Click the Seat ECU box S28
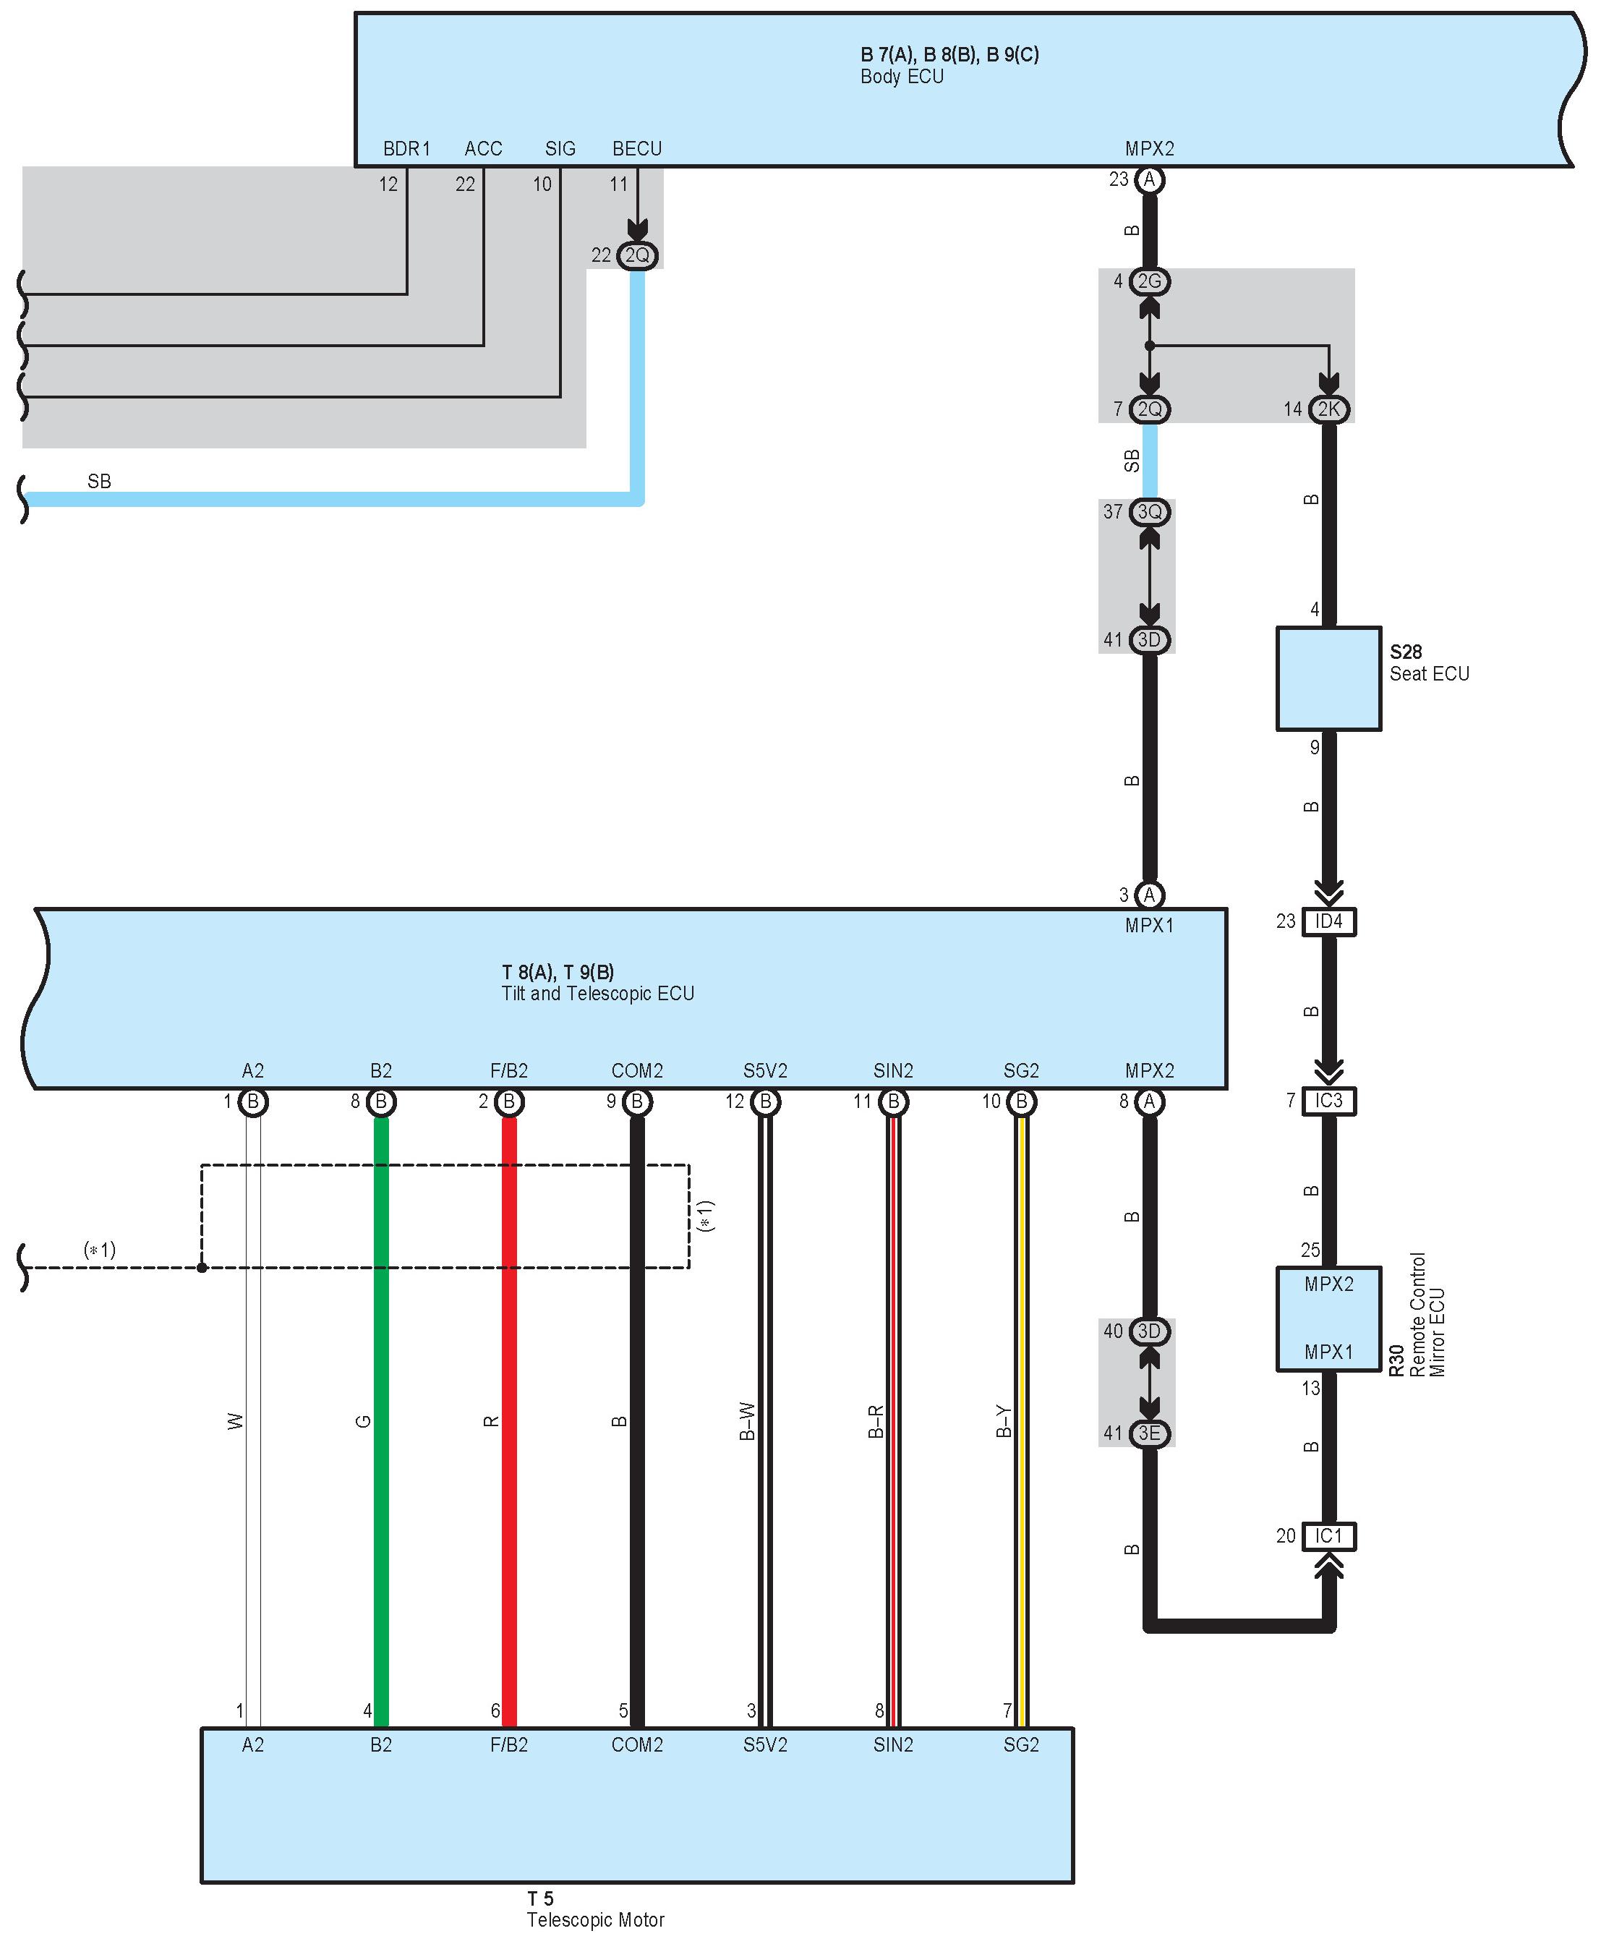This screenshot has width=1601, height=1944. tap(1328, 679)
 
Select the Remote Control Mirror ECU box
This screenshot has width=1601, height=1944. tap(1328, 1318)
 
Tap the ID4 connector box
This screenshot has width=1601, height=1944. tap(1328, 921)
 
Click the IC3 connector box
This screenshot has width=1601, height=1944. tap(1328, 1100)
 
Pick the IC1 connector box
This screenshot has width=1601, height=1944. tap(1328, 1535)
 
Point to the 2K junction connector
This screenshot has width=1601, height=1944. tap(1328, 409)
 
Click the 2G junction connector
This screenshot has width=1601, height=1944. tap(1149, 281)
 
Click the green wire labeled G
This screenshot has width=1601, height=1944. tap(381, 1420)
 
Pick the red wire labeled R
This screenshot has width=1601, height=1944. tap(509, 1420)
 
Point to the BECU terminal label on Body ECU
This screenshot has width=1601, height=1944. tap(637, 148)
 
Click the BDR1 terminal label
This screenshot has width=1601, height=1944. tap(406, 148)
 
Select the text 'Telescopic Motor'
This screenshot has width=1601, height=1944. tap(595, 1920)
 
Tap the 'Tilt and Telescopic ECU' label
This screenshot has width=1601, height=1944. tap(597, 993)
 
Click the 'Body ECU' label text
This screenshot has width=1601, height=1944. tap(902, 77)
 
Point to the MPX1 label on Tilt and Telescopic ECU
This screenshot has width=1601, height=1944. tap(1149, 925)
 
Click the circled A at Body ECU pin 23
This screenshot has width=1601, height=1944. tap(1149, 179)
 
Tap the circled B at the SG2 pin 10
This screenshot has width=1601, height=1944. tap(1021, 1101)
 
